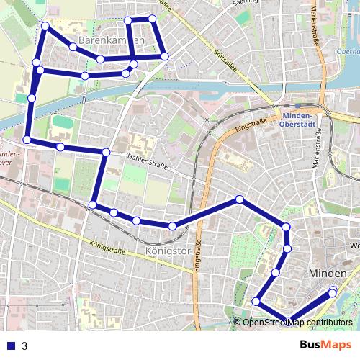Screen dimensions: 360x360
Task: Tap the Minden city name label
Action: coord(328,274)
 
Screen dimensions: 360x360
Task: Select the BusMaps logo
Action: coord(325,345)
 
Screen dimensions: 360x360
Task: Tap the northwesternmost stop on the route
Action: coord(45,26)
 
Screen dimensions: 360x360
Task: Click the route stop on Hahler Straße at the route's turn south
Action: coord(106,152)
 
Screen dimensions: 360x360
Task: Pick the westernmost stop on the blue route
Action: coord(27,139)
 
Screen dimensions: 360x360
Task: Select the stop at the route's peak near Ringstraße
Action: coord(239,199)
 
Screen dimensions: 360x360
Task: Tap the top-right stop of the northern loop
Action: coord(153,19)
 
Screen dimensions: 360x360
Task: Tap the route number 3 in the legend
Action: coord(24,346)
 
